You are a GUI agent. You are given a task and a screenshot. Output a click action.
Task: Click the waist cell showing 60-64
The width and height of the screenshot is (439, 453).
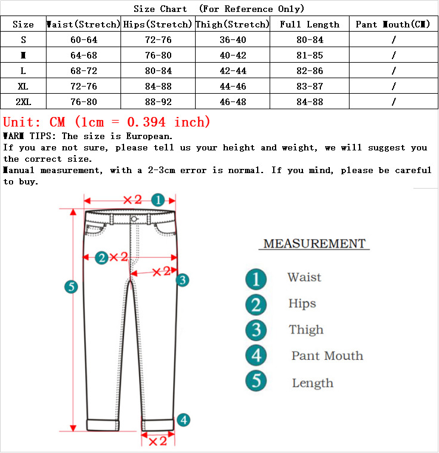coord(84,40)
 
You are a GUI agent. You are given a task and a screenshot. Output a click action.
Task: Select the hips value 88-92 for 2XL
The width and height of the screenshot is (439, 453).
coord(158,102)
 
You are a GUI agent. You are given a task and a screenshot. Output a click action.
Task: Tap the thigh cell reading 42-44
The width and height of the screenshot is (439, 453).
coord(233,71)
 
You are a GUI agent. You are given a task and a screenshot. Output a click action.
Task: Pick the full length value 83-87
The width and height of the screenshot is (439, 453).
coord(309,87)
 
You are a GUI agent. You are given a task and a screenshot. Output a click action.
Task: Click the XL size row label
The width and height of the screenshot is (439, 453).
coord(23,87)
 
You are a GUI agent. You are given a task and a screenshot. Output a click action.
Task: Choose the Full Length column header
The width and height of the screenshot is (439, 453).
coord(309,24)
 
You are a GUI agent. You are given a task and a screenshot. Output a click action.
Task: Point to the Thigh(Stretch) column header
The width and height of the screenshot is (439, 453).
coord(233,24)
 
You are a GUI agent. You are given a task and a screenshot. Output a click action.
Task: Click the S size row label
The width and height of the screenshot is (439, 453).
coord(23,40)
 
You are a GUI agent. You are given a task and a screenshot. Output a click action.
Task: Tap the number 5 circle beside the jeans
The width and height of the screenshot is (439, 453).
coord(72,287)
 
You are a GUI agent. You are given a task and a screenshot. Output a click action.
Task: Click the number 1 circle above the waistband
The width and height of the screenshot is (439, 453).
coord(157,200)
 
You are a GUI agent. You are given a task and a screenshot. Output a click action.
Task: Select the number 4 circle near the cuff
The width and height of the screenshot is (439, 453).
coord(183,420)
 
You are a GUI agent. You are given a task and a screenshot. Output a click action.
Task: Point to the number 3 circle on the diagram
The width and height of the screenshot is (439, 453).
coord(183,279)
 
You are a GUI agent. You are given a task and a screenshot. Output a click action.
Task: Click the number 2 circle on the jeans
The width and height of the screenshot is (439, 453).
coord(102,257)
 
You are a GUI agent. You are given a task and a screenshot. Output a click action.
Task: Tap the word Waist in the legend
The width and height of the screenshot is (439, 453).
coord(304,278)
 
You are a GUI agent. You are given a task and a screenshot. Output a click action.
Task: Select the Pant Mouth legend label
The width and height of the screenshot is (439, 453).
coord(327,356)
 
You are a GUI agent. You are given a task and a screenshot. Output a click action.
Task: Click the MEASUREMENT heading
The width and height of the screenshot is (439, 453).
coord(314,244)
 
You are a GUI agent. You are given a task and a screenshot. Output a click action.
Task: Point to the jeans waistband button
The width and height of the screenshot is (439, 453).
coord(134,219)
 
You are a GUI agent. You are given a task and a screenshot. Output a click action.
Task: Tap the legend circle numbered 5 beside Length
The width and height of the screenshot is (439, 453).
coord(256,381)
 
